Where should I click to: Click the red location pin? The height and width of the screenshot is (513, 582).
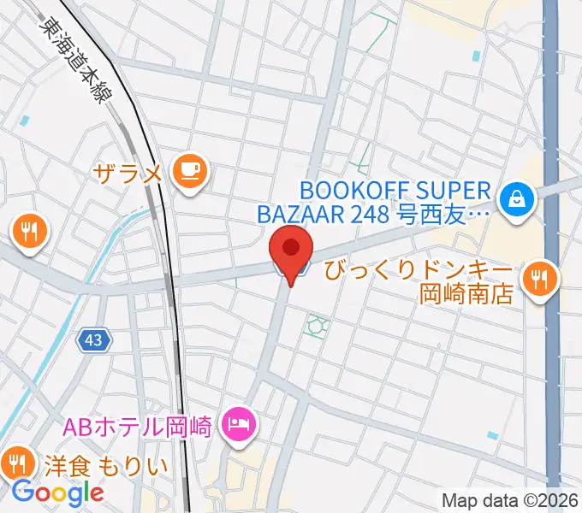[x=291, y=250]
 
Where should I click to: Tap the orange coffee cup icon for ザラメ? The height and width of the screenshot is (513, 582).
[x=187, y=170]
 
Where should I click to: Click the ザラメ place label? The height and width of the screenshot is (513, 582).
[x=128, y=173]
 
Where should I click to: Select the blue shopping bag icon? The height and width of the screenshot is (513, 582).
[x=518, y=200]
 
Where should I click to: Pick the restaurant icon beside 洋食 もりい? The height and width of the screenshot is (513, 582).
[x=16, y=464]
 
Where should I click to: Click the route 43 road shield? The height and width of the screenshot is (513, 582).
[x=93, y=340]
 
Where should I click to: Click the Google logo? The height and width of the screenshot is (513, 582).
[x=57, y=492]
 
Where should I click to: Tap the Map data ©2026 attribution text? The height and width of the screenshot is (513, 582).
[x=510, y=500]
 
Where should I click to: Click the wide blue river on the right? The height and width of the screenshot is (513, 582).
[x=552, y=128]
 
